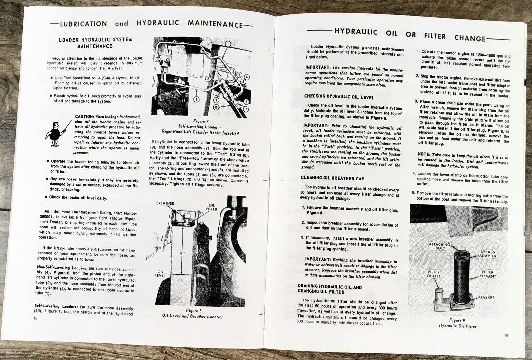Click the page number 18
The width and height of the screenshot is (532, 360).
(x=36, y=318)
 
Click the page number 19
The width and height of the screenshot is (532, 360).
(x=506, y=335)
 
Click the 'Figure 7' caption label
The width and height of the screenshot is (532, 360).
(x=200, y=121)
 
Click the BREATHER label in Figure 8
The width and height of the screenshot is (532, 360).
(x=165, y=203)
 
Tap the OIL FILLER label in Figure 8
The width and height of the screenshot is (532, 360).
(x=212, y=207)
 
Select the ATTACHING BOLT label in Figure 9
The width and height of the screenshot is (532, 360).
(x=439, y=246)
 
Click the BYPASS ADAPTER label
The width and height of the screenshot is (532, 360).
(x=487, y=254)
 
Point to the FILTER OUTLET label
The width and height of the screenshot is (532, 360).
(x=434, y=274)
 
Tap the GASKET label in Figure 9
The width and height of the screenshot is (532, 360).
(x=487, y=297)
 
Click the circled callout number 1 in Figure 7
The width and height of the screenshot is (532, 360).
(x=228, y=44)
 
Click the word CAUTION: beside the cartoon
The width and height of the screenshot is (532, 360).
(x=84, y=117)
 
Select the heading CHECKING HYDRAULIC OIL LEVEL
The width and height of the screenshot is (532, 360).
(x=339, y=97)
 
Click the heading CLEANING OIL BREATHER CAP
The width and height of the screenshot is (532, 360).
(x=332, y=178)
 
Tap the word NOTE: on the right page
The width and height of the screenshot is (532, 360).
(x=424, y=155)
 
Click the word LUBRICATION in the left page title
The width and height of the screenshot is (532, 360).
(x=83, y=24)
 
